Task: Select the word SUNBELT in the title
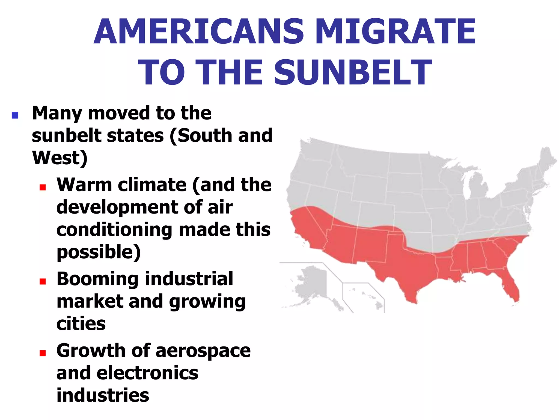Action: (x=353, y=73)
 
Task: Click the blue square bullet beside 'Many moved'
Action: (x=15, y=115)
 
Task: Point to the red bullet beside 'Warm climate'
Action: (x=43, y=187)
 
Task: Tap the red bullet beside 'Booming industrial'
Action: (x=43, y=281)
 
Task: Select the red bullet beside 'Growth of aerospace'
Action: (x=43, y=353)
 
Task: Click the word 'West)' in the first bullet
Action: (x=60, y=158)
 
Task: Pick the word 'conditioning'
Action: (x=114, y=230)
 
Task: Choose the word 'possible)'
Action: (x=99, y=252)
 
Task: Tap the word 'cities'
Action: (x=81, y=324)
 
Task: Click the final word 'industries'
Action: (x=103, y=395)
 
